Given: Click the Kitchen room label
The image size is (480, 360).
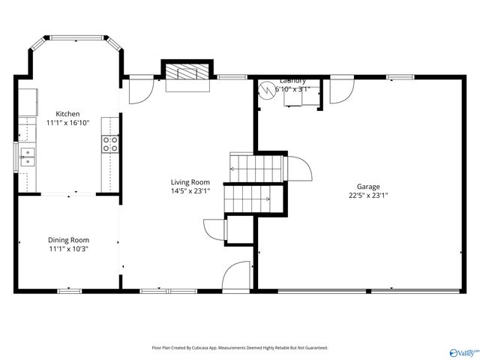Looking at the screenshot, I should pos(62,114).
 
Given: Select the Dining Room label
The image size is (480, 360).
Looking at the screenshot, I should pos(68,240).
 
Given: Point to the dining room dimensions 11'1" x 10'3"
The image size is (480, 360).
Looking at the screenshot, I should pos(68,249).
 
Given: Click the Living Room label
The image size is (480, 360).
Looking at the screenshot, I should pos(190,181).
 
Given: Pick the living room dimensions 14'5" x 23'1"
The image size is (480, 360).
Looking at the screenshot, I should pos(190,190).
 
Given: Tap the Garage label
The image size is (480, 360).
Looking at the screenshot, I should pos(367,187).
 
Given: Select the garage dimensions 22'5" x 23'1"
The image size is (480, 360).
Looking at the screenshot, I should pos(367,196).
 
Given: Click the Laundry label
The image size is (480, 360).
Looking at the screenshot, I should pos(292,81).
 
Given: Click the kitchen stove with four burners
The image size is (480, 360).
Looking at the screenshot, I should pos(110,143).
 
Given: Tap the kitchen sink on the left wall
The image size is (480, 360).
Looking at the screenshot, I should pos(27,157).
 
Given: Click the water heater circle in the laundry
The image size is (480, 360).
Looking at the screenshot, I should pos(266,90).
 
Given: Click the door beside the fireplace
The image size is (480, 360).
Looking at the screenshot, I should pos(139,91).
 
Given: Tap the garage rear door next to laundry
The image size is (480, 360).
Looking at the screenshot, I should pos(339,91).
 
